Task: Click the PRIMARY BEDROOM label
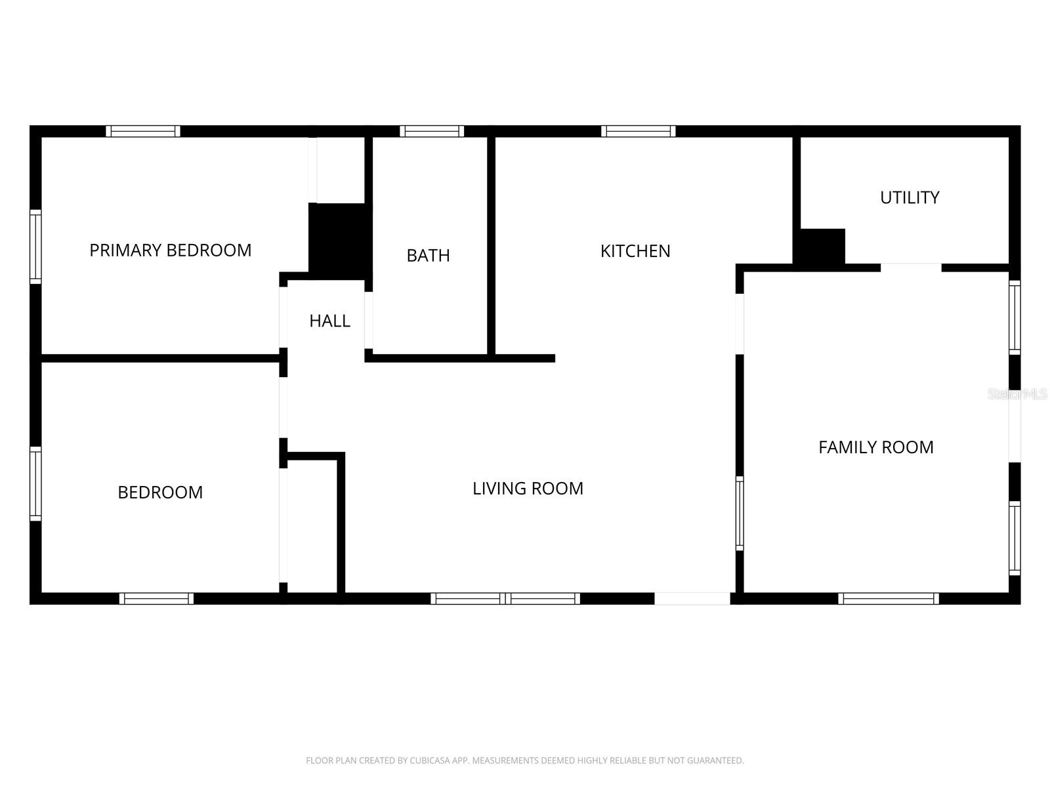point(170,250)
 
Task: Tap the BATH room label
point(428,255)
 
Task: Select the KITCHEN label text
point(635,251)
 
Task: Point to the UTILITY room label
point(910,197)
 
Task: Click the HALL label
point(329,321)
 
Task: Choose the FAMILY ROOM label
point(875,447)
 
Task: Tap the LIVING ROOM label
point(528,489)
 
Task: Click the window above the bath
point(432,131)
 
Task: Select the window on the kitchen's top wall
point(638,131)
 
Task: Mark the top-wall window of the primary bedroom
point(143,131)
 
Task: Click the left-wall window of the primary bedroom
point(35,247)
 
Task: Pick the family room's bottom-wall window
point(889,598)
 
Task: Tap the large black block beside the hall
point(340,239)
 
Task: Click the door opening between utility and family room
point(911,267)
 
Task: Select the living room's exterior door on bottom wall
point(692,598)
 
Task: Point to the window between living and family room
point(740,513)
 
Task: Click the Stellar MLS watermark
point(1017,394)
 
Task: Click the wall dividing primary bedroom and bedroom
point(161,358)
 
